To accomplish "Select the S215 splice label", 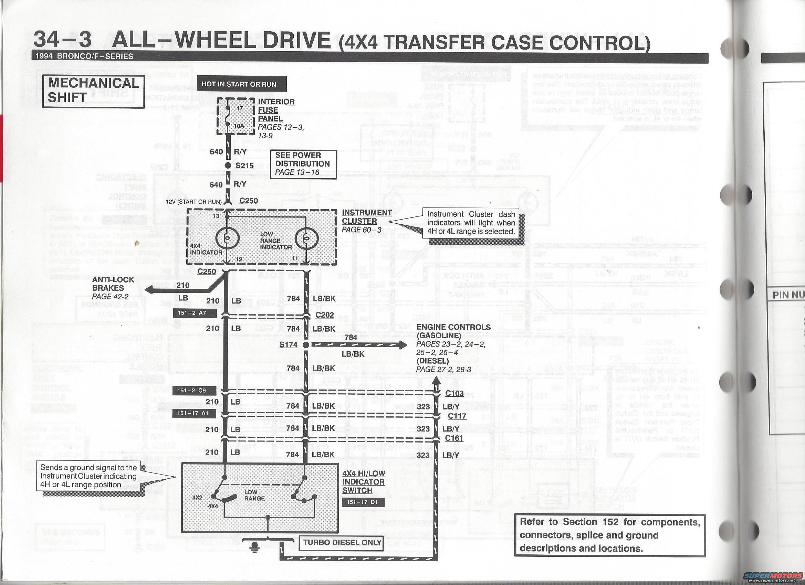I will coord(244,166).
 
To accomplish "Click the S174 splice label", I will coord(288,344).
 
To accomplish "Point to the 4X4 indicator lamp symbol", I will coord(227,238).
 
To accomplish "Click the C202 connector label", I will coord(324,315).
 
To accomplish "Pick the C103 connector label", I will coord(454,393).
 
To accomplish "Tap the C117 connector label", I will coord(457,416).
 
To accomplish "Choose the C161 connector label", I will coord(454,438).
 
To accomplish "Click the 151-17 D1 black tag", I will coord(363,502).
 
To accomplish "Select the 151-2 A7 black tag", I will coord(195,313).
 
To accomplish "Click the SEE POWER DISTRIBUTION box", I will coord(303,164).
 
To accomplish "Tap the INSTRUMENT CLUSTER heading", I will coord(367,217).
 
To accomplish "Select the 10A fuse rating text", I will coord(239,126).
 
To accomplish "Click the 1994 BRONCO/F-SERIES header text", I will coord(84,56).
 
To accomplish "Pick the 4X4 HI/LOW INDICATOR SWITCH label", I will coord(363,482).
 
